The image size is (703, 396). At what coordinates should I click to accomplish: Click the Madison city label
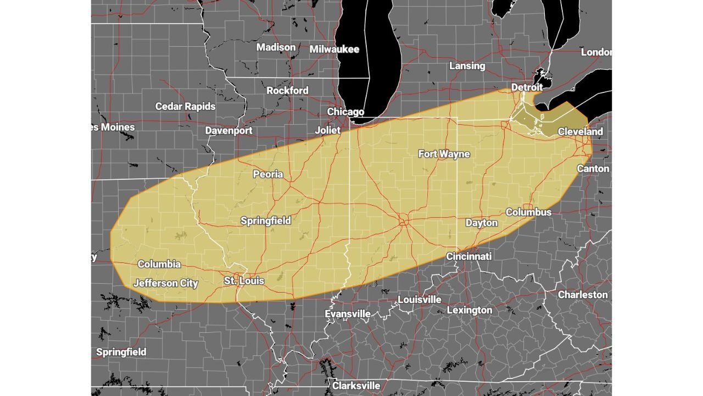coord(276,47)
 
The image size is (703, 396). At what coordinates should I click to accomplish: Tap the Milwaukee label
coord(334,50)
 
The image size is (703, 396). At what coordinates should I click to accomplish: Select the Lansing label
coord(467,66)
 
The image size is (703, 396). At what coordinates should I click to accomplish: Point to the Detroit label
coord(527,87)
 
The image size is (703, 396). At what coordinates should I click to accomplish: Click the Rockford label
coord(287,90)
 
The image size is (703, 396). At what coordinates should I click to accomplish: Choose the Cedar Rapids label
coord(185,106)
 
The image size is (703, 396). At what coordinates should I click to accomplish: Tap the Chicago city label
coord(345,112)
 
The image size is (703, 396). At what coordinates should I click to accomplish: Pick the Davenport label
coord(228,130)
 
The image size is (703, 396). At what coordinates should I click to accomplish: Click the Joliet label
coord(327,130)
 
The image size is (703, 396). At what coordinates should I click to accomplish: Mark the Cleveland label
coord(580,131)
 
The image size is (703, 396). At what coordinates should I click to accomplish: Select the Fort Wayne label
coord(444,154)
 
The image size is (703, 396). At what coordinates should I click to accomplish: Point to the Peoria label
coord(267,174)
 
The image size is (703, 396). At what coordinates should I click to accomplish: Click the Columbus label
coord(528,212)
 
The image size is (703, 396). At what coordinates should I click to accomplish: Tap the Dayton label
coord(481,223)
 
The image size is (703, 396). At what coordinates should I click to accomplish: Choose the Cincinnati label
coord(468,256)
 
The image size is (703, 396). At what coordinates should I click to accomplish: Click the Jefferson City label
coord(165,283)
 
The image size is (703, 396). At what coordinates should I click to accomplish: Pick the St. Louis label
coord(244,281)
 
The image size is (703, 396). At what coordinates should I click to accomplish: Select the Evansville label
coord(347,313)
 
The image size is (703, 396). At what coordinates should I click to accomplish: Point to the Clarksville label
coord(355,386)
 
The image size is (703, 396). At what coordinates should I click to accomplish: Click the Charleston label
coord(583,295)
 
